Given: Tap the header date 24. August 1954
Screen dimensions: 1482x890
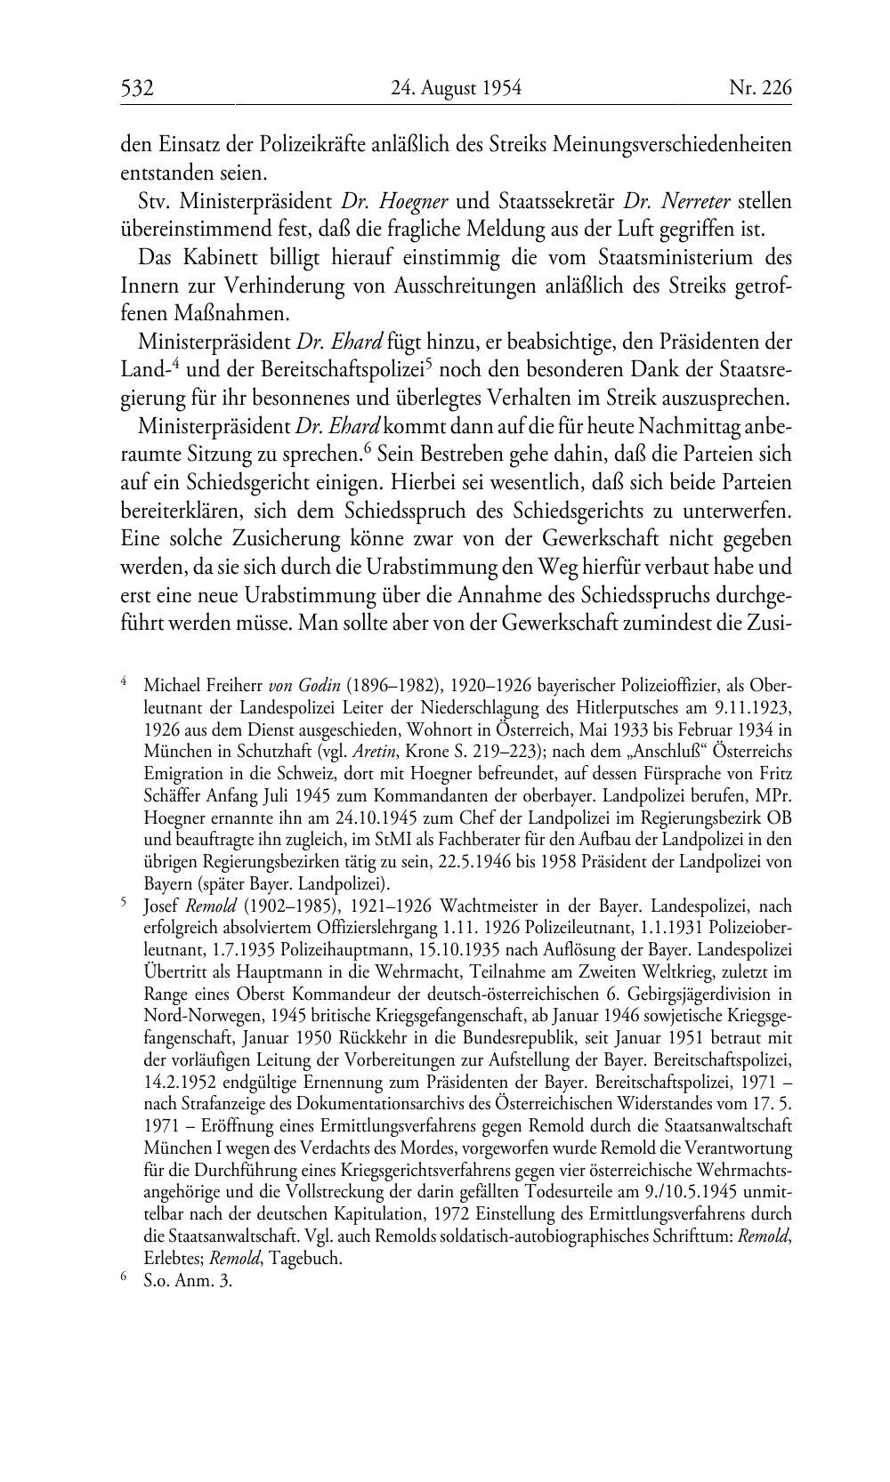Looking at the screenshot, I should coord(456,88).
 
